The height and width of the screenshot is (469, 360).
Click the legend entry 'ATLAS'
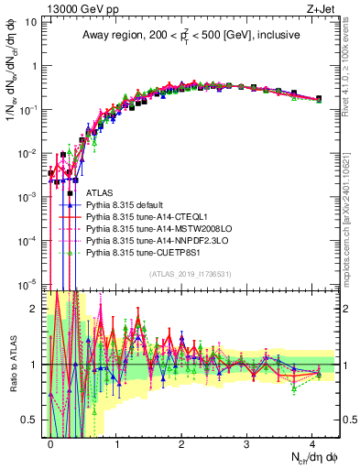[x=101, y=193]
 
